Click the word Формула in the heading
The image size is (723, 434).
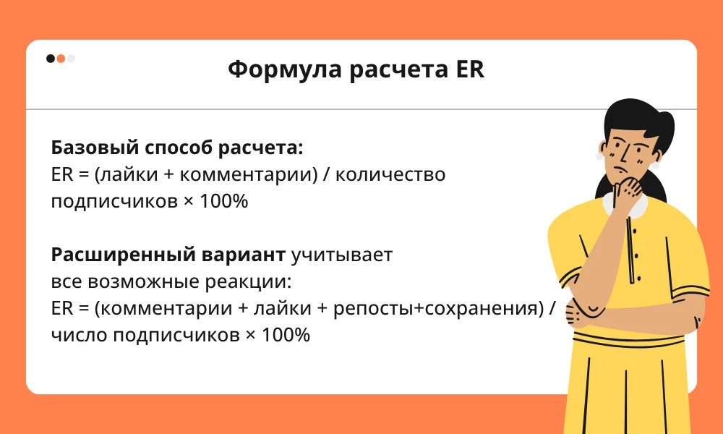coord(285,69)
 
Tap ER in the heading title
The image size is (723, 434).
coord(471,69)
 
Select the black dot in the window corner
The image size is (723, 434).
coord(51,59)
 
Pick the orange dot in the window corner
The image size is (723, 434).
coord(61,59)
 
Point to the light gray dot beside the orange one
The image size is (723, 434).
coord(71,59)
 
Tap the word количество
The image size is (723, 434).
coord(390,175)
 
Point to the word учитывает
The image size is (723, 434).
coord(342,255)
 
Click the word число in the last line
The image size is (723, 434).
coord(79,336)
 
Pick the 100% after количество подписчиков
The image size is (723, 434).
coord(223,202)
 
